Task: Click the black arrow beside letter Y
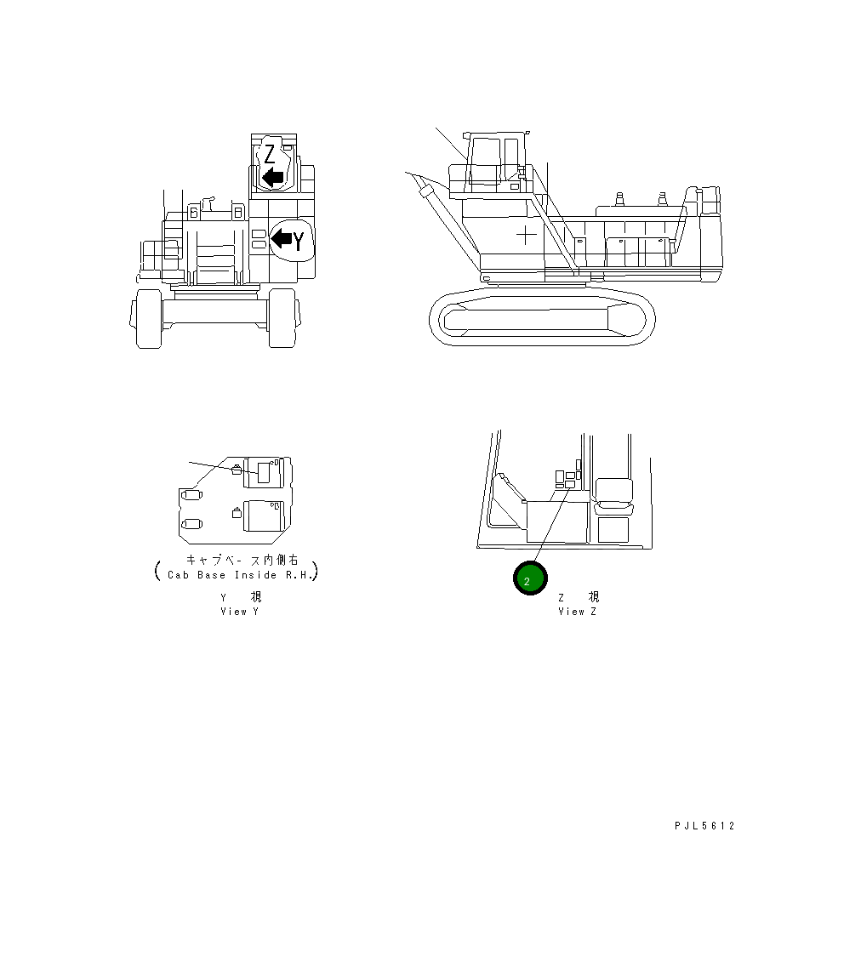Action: pos(281,239)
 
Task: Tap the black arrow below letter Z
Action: pos(272,177)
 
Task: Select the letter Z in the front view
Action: pos(269,155)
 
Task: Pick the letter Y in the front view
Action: pos(299,241)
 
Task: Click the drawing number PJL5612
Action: pos(704,826)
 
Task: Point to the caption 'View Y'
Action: pos(239,611)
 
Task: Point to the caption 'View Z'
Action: pos(577,611)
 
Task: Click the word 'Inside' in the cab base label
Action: pos(254,575)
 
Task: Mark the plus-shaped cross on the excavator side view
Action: pos(526,232)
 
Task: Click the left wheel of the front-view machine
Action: pos(148,318)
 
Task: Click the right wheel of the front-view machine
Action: pos(282,318)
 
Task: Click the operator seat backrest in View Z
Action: pos(613,490)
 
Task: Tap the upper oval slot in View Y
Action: pos(191,494)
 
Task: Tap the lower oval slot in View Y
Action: pos(191,523)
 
